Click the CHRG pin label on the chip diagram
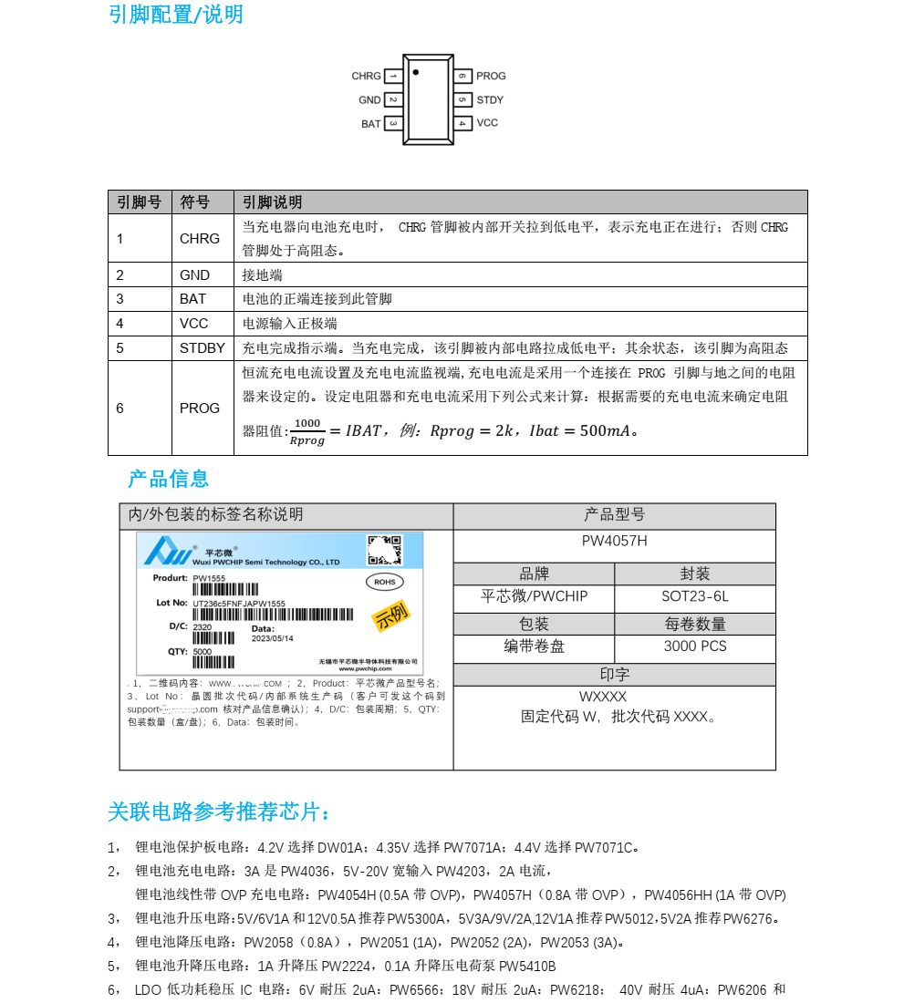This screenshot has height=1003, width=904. point(367,77)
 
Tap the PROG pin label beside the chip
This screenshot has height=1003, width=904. point(491,77)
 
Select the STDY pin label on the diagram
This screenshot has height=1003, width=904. point(490,100)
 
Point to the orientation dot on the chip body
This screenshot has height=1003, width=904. point(416,71)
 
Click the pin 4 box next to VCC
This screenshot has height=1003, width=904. point(462,123)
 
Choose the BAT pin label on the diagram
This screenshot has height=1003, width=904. point(370,124)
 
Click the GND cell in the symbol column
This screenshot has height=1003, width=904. point(194,275)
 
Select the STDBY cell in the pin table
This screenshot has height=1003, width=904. point(202,348)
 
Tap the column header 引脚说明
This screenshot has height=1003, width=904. point(272,202)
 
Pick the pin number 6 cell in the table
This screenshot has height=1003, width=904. point(119,408)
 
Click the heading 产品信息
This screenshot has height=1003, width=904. point(169,479)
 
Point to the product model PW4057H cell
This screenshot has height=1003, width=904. point(614,541)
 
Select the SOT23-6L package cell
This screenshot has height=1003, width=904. point(694,597)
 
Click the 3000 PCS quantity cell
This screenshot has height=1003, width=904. point(694,646)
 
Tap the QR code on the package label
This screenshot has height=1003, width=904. point(384,551)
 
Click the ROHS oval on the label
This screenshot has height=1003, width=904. point(384,581)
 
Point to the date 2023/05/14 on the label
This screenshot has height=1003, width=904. point(272,638)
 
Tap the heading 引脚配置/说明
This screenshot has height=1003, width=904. point(175,15)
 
